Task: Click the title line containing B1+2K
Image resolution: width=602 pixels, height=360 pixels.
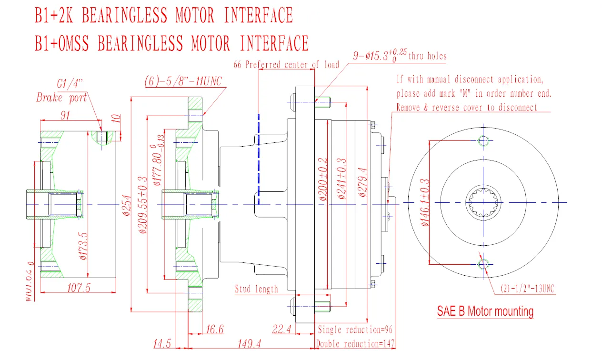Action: [x=163, y=15]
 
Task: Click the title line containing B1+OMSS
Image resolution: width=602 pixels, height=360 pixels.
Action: [x=171, y=43]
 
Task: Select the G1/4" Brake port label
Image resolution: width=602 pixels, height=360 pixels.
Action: [x=62, y=91]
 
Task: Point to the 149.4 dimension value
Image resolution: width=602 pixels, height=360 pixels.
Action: [x=249, y=344]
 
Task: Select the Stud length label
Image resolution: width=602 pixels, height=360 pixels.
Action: [x=256, y=289]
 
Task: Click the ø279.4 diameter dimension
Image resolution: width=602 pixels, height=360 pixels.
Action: [x=362, y=182]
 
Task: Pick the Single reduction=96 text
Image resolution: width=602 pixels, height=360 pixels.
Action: [x=355, y=330]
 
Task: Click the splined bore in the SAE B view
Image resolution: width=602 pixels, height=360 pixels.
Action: [x=483, y=202]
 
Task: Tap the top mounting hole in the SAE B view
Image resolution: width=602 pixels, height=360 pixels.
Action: [x=483, y=140]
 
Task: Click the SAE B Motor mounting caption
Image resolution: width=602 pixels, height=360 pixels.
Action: [x=485, y=311]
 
